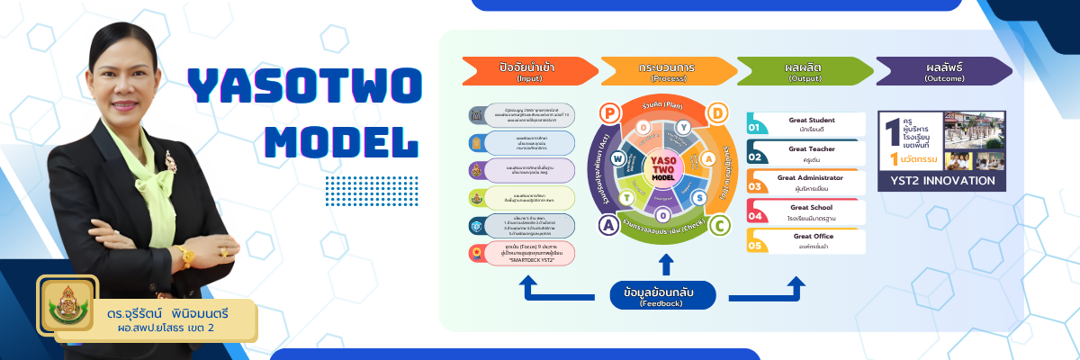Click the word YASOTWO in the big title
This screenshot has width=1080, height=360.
pyautogui.click(x=304, y=87)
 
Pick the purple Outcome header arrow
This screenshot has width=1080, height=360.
pyautogui.click(x=942, y=70)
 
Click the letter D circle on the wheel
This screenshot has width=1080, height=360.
pyautogui.click(x=718, y=113)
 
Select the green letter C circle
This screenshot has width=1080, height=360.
pyautogui.click(x=718, y=224)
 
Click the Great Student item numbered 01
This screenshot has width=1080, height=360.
pyautogui.click(x=805, y=125)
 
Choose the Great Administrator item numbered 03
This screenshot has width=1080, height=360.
pyautogui.click(x=805, y=183)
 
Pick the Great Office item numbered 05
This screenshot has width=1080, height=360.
pyautogui.click(x=805, y=240)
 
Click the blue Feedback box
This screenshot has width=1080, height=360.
pyautogui.click(x=663, y=295)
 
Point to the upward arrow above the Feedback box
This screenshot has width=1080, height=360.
pyautogui.click(x=665, y=264)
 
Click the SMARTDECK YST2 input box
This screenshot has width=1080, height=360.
pyautogui.click(x=522, y=252)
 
